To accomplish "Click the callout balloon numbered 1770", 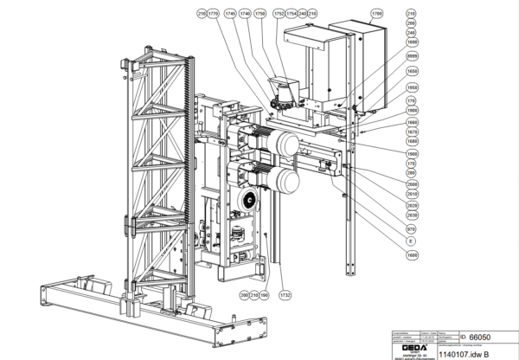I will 214,15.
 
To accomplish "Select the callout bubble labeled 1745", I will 229,15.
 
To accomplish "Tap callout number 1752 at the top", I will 279,15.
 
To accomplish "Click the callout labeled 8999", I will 412,55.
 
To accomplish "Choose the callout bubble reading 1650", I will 412,71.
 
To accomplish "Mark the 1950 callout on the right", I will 412,87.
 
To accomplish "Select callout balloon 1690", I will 412,42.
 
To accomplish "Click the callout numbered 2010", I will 412,195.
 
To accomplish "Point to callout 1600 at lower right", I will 412,256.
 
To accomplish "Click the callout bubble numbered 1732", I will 285,295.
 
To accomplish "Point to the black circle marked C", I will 249,202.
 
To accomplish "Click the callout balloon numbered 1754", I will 291,15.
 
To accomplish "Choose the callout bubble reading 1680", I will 412,140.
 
